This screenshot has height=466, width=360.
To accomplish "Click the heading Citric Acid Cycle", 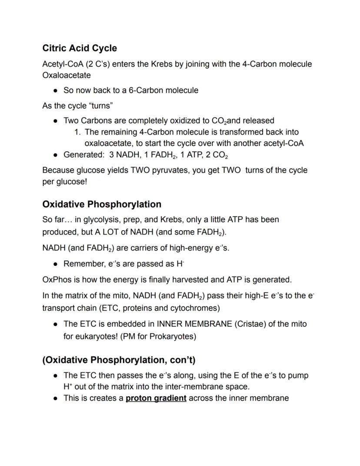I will coord(80,48).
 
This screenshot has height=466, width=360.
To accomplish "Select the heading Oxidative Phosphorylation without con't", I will coord(102,204).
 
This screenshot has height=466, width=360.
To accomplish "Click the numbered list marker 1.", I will coord(78,132).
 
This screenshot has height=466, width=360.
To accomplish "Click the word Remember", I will coord(82,264).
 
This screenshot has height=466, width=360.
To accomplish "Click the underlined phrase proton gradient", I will coord(156,398).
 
